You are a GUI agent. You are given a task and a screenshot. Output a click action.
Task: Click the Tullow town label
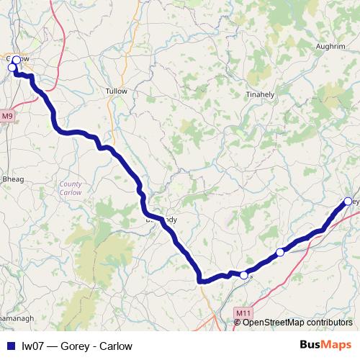(x=116, y=91)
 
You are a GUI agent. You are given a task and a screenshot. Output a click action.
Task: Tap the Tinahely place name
(x=260, y=94)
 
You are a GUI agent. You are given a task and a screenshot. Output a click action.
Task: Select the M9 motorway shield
(x=7, y=115)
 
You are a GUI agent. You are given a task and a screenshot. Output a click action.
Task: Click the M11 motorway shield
(x=243, y=312)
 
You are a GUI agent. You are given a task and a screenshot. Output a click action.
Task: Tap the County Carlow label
(x=71, y=189)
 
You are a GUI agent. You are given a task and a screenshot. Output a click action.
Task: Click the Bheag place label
(x=13, y=179)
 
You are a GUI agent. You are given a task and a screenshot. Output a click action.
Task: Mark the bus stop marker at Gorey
(x=348, y=202)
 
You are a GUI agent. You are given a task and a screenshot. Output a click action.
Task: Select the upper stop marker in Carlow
(x=17, y=60)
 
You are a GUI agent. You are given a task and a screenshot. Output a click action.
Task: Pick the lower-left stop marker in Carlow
(x=12, y=68)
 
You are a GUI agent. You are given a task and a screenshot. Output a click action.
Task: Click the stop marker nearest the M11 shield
(x=243, y=275)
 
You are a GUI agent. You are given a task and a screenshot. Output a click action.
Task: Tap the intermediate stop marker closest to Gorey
(x=280, y=252)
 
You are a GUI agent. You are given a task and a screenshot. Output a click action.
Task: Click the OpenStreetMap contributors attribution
(x=297, y=323)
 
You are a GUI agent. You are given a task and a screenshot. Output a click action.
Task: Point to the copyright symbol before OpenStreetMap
(x=237, y=323)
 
